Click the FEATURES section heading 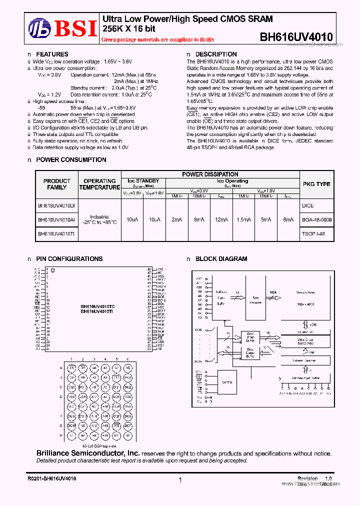52,54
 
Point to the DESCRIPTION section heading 215,54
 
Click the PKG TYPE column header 316,184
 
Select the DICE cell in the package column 307,205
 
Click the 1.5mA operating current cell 243,219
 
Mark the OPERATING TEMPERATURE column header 99,184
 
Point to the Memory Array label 305,292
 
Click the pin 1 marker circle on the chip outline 52,270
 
